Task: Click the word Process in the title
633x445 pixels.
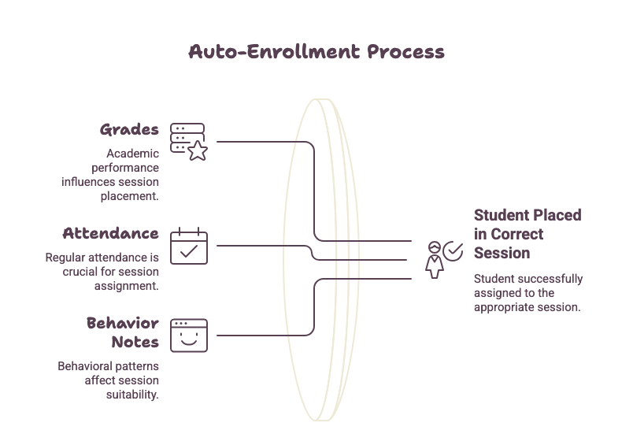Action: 405,52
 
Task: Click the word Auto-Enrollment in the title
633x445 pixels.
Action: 274,52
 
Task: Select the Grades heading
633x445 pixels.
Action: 129,130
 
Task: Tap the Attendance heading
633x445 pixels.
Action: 110,233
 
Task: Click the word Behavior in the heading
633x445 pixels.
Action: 123,323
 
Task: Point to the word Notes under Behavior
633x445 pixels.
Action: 135,342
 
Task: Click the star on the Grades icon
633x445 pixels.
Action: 198,150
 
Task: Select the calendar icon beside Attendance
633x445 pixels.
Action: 189,246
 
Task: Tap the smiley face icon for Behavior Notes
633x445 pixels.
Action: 189,336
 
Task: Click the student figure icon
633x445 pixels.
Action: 435,260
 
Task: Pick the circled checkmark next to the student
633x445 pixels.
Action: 453,251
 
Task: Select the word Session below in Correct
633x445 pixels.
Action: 502,253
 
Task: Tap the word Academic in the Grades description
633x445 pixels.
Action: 133,154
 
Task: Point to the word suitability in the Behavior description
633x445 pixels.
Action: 132,395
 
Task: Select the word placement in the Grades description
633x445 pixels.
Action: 130,196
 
